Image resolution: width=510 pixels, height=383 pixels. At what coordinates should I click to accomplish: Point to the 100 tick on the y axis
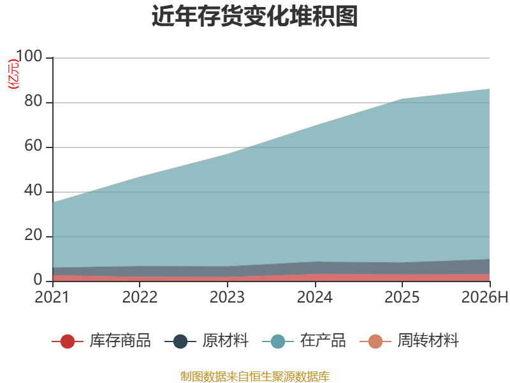tap(29, 56)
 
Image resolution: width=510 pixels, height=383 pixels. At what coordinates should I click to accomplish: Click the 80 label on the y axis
tap(33, 101)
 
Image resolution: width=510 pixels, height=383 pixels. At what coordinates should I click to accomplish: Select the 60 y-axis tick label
tap(33, 146)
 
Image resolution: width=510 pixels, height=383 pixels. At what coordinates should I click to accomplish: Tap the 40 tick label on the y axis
tap(33, 190)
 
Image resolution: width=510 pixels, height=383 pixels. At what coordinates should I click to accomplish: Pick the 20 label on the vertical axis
tap(33, 235)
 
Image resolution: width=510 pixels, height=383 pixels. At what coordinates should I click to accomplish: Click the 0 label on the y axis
tap(38, 280)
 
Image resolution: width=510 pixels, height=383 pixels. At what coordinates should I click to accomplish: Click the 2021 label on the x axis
tap(52, 297)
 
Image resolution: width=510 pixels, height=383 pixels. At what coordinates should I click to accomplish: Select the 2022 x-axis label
tap(140, 297)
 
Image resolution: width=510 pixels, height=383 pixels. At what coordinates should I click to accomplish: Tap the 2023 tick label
tap(227, 297)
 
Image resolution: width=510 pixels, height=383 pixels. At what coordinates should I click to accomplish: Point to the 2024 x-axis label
tap(315, 297)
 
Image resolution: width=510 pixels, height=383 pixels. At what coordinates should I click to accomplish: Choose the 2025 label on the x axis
tap(402, 297)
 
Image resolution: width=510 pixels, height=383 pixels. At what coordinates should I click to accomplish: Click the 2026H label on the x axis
tap(484, 297)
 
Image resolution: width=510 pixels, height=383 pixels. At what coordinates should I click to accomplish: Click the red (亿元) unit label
tap(13, 74)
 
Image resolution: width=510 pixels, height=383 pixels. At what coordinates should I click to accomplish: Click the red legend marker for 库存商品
tap(68, 342)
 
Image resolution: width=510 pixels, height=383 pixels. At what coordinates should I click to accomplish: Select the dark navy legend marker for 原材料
tap(180, 342)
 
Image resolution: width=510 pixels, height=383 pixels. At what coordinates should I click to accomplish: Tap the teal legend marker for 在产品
tap(278, 342)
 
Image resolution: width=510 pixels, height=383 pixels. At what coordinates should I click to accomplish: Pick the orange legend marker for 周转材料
tap(375, 342)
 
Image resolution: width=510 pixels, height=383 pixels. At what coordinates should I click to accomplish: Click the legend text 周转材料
tap(428, 341)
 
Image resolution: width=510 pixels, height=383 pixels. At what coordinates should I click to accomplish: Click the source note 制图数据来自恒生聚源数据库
tap(255, 376)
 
